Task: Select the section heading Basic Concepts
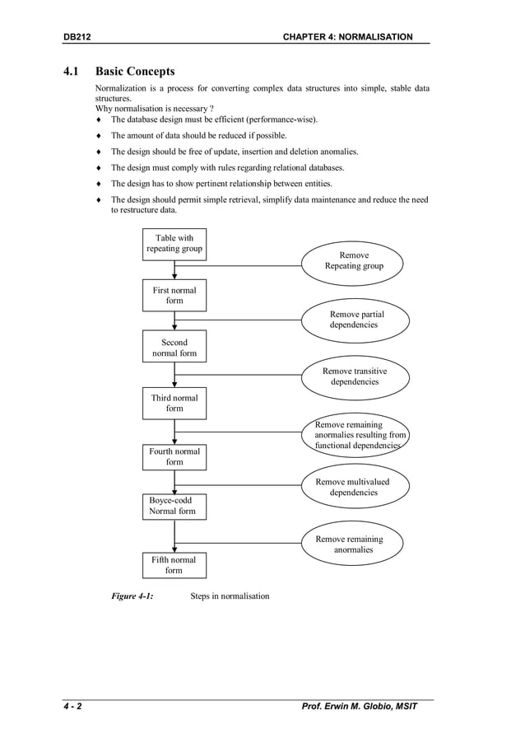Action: [x=135, y=72]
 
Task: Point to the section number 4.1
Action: [x=72, y=72]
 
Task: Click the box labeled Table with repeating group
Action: [x=174, y=244]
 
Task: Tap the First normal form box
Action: [x=174, y=296]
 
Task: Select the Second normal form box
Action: [x=174, y=348]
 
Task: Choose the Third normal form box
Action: [x=174, y=403]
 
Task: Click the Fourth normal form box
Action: [x=174, y=456]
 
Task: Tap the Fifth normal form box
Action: [x=174, y=565]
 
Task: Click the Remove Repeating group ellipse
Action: [x=354, y=260]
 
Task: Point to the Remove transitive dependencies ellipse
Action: [x=355, y=376]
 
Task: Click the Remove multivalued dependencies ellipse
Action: [x=354, y=487]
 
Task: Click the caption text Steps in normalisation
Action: [x=230, y=596]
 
